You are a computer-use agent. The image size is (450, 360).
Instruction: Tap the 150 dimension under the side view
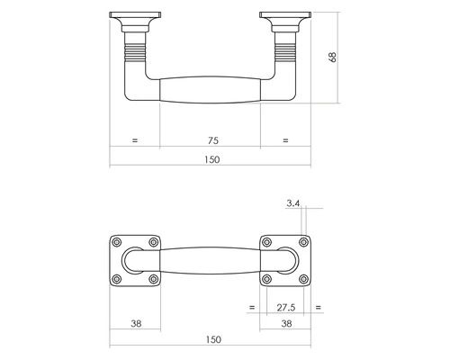[x=211, y=159]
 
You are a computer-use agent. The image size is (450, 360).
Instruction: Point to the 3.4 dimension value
[x=292, y=204]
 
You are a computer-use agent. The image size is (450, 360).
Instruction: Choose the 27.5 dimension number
[x=285, y=308]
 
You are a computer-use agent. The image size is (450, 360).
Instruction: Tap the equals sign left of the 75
[x=135, y=140]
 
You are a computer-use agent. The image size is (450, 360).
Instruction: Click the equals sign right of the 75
[x=285, y=140]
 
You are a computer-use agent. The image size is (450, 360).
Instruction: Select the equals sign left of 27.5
[x=251, y=308]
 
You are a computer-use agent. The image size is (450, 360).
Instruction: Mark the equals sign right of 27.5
[x=319, y=308]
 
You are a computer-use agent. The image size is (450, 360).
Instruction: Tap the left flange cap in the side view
[x=135, y=18]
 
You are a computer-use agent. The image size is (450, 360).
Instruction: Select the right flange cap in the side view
[x=286, y=18]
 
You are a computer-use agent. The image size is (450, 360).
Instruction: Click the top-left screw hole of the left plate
[x=116, y=242]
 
